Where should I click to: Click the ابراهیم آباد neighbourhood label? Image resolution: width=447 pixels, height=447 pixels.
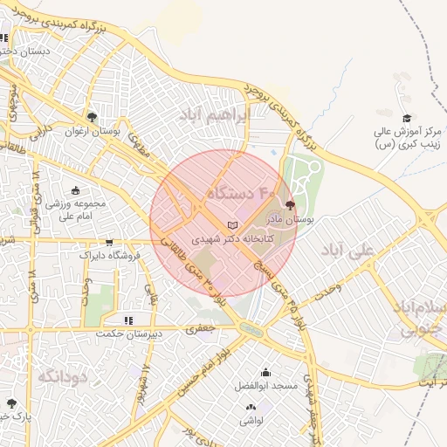tap(215, 114)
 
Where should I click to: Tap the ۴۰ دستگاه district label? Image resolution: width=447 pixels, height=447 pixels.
tap(242, 190)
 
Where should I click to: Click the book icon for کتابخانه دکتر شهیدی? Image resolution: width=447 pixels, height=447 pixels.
tap(231, 226)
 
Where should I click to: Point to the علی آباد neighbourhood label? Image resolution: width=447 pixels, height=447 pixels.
tap(347, 250)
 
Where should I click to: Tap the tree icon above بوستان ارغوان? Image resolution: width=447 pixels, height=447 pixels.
tap(92, 117)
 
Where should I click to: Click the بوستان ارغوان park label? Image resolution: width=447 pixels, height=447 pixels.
tap(109, 131)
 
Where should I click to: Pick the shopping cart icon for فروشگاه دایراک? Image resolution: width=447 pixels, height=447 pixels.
tap(109, 244)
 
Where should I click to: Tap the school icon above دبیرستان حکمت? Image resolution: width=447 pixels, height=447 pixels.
tap(128, 320)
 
